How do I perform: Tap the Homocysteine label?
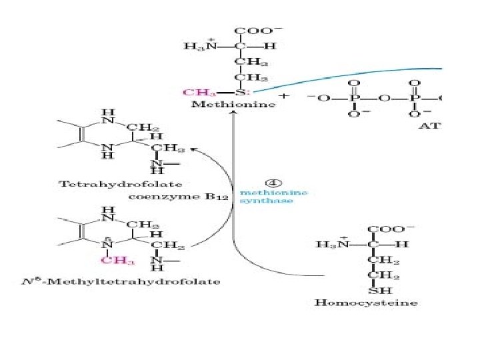click(366, 303)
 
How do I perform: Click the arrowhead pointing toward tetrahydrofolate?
click(195, 151)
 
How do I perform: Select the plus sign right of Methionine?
click(285, 97)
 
